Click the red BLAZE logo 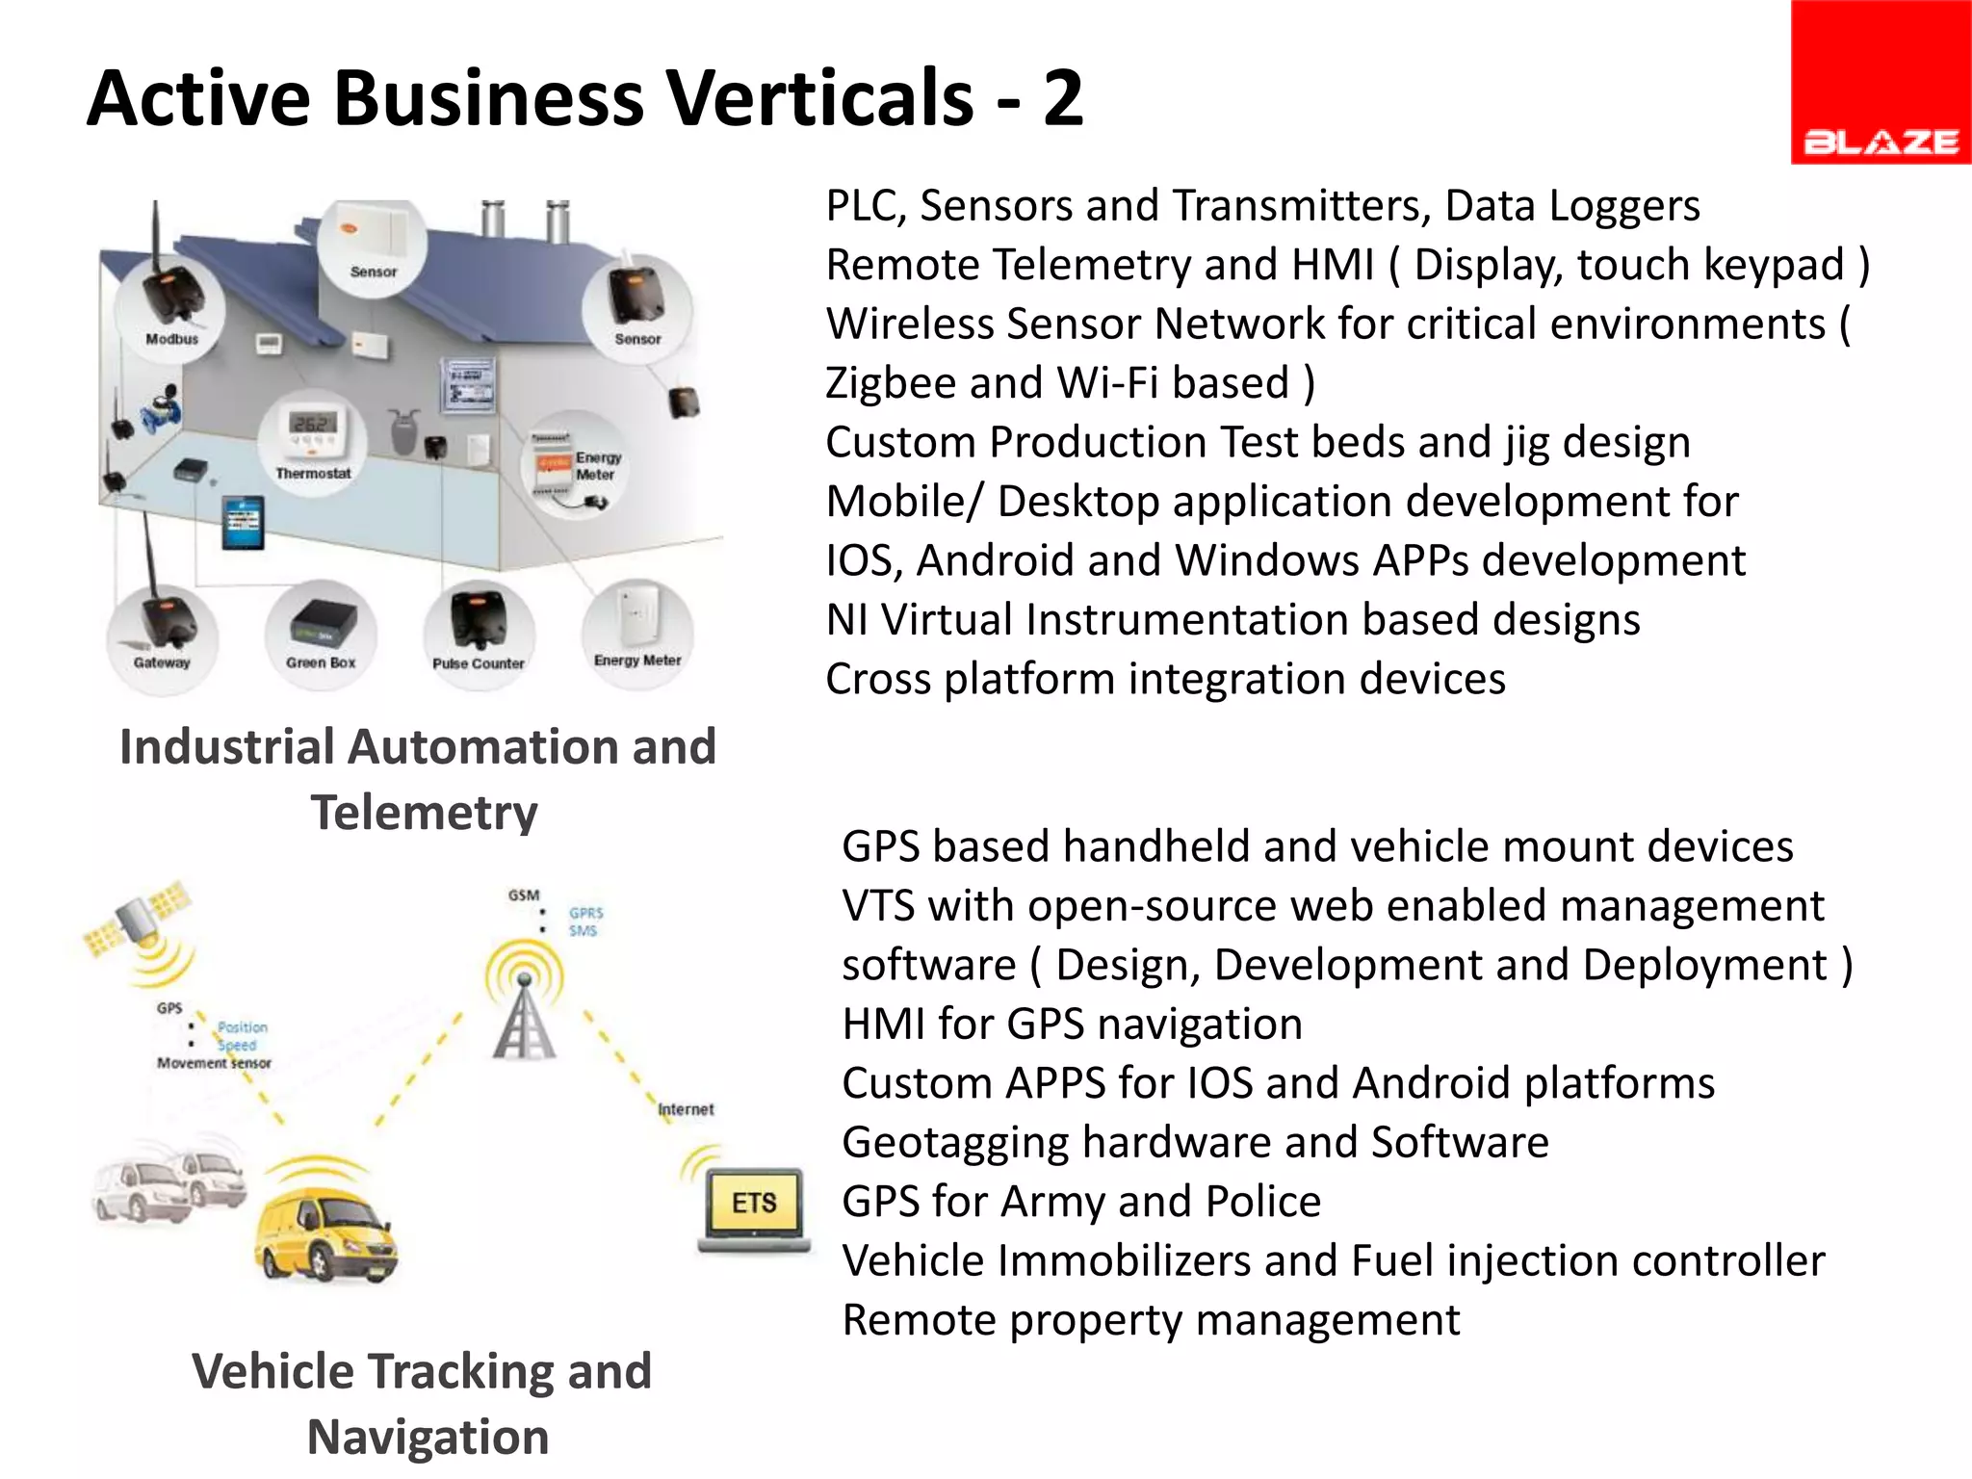(x=1880, y=83)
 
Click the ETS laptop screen (x=754, y=1203)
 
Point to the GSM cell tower (x=524, y=1011)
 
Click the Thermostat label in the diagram (x=313, y=474)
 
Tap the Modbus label (x=171, y=339)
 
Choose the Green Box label (x=321, y=662)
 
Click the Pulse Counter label (x=479, y=663)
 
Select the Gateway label (x=162, y=662)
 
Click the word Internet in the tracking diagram (x=686, y=1109)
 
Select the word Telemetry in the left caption (x=424, y=813)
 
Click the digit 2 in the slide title (x=1063, y=98)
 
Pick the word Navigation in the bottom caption (x=428, y=1438)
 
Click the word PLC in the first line (x=865, y=206)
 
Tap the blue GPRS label (x=585, y=913)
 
